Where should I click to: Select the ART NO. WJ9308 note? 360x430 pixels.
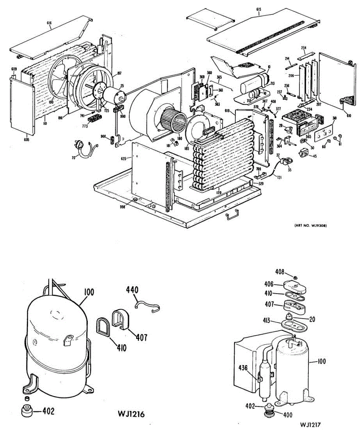click(311, 225)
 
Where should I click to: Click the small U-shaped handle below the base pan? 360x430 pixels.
click(231, 216)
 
